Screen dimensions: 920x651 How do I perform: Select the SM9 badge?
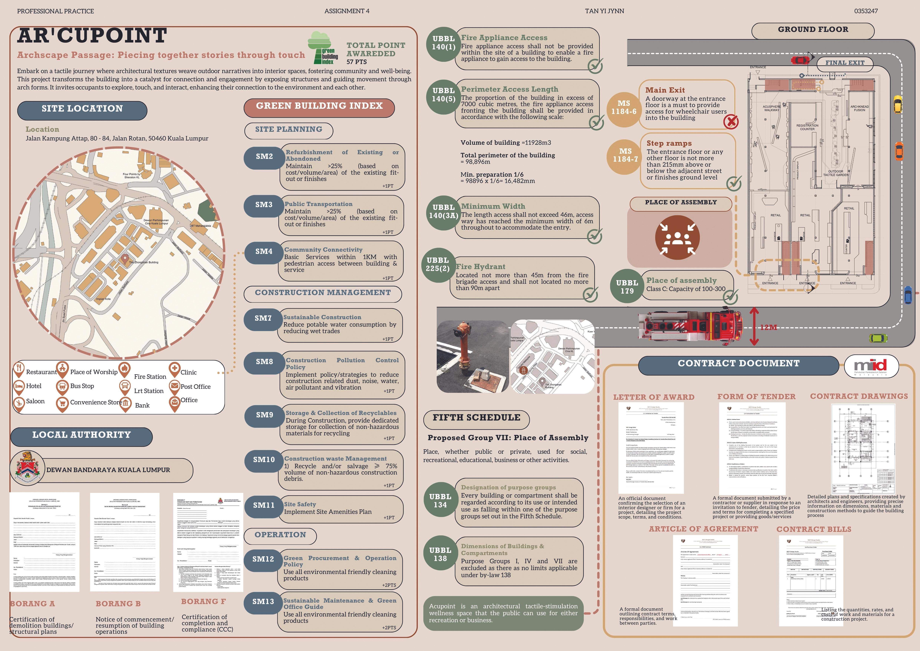pyautogui.click(x=264, y=415)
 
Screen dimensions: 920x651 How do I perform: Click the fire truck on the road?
pyautogui.click(x=689, y=328)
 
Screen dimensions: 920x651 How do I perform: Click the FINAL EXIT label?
pyautogui.click(x=845, y=63)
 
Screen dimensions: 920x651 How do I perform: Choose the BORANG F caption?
pyautogui.click(x=203, y=601)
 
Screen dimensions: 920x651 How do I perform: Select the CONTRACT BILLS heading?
pyautogui.click(x=813, y=529)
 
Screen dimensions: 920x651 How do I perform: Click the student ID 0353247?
pyautogui.click(x=866, y=11)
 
